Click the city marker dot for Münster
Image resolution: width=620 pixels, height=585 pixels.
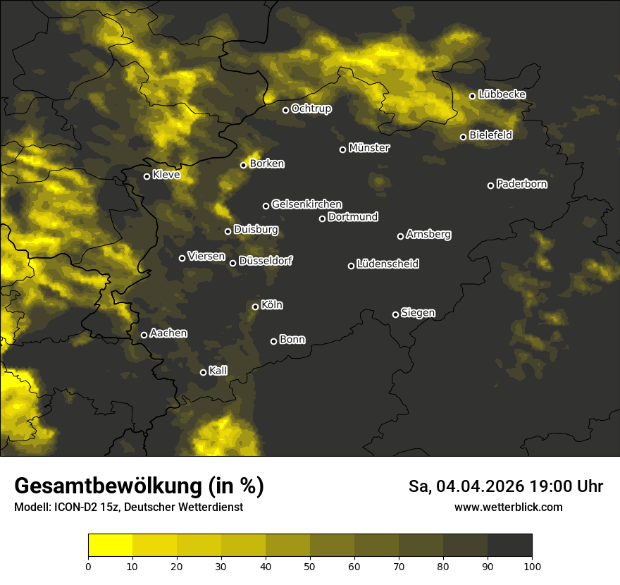[343, 149]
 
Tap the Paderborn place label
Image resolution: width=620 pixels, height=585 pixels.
[522, 184]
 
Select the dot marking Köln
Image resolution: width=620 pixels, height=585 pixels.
[255, 307]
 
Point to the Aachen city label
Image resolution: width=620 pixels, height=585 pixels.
[168, 333]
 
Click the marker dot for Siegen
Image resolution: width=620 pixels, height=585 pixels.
[395, 314]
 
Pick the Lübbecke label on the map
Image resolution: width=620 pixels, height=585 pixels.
[502, 94]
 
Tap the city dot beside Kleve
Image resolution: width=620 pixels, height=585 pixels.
[147, 176]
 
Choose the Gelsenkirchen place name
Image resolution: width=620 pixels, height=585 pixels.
[306, 204]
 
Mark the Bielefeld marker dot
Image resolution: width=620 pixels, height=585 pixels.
[464, 137]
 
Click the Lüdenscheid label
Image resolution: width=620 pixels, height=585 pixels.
[387, 264]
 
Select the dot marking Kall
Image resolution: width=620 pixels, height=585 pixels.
[203, 372]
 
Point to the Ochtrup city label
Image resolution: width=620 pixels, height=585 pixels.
[311, 109]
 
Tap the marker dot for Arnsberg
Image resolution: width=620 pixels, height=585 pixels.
[400, 236]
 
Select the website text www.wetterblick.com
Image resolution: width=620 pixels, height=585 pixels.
[508, 507]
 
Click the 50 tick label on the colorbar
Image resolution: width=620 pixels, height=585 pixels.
[310, 565]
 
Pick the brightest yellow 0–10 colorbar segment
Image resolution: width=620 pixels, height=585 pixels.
[111, 546]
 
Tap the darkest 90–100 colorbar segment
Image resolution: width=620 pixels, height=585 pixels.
[509, 546]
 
